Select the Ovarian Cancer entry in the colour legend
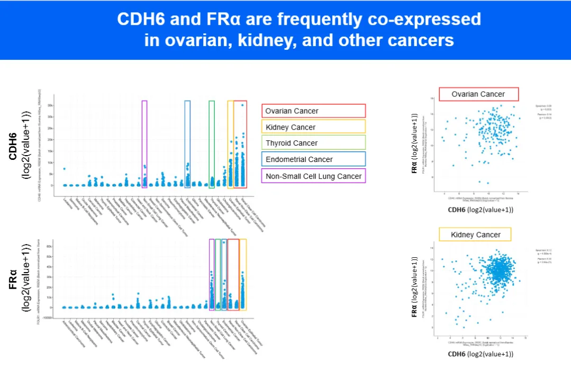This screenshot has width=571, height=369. [x=313, y=111]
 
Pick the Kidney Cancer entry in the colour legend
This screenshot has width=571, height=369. [x=313, y=127]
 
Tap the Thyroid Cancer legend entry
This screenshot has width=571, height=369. [x=313, y=143]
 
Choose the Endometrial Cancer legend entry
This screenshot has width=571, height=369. [x=313, y=159]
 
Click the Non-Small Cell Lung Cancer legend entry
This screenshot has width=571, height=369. [x=313, y=176]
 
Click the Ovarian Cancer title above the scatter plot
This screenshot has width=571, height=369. [x=478, y=94]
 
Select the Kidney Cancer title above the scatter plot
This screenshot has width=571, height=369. [x=475, y=235]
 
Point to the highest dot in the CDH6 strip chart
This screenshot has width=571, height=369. [x=242, y=105]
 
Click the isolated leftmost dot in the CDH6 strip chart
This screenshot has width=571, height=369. [x=64, y=169]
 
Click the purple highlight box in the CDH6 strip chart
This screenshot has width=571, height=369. [x=144, y=143]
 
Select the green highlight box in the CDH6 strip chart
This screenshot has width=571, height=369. [x=212, y=143]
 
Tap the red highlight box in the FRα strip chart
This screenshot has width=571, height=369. [x=233, y=274]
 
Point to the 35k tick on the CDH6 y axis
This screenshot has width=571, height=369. [x=50, y=105]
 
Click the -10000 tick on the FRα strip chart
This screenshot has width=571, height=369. [x=48, y=317]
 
